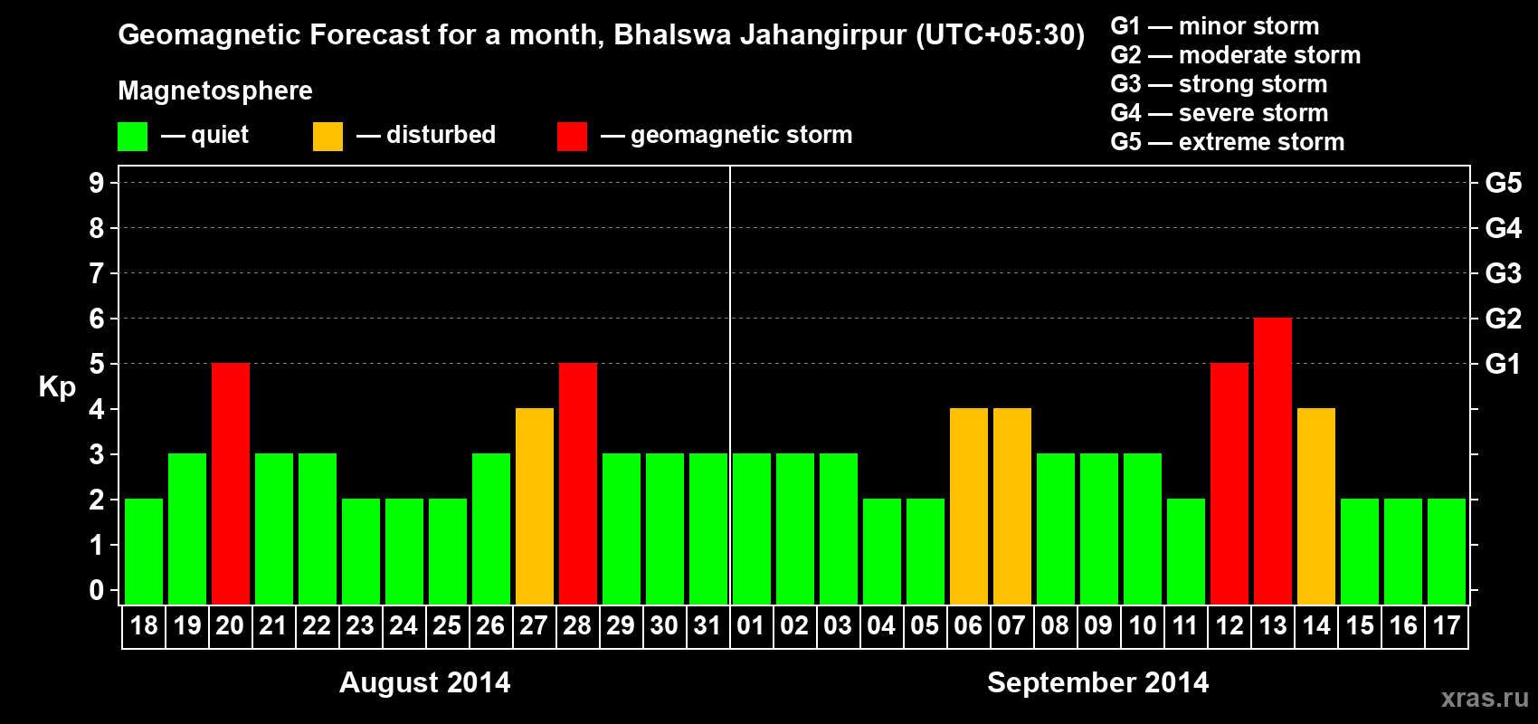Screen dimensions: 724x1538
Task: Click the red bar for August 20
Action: [231, 483]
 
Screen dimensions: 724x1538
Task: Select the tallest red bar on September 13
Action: [1273, 461]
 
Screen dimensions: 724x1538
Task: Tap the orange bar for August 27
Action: [535, 506]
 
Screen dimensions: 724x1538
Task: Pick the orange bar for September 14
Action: [1316, 506]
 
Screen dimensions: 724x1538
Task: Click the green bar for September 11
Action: [1186, 551]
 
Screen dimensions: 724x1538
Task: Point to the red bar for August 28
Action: [578, 483]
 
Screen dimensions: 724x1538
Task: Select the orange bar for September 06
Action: [969, 506]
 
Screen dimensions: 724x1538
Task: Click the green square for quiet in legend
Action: [133, 137]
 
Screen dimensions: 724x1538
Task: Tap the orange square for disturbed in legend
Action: [328, 137]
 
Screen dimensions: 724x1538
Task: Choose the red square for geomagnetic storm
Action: [572, 137]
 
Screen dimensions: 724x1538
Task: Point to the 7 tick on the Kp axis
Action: [97, 273]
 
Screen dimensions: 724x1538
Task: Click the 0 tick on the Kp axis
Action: [97, 590]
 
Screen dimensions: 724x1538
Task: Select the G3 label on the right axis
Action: [1503, 273]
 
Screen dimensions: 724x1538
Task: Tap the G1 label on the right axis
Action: [1503, 364]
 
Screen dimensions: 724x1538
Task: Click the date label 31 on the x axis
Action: [707, 626]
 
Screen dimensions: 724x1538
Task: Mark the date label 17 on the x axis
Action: [1446, 626]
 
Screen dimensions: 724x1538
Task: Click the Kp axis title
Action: [57, 386]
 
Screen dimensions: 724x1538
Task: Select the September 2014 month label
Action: [1097, 682]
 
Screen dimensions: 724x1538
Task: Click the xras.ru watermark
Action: [1484, 698]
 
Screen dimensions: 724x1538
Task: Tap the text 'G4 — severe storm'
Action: [1220, 113]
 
